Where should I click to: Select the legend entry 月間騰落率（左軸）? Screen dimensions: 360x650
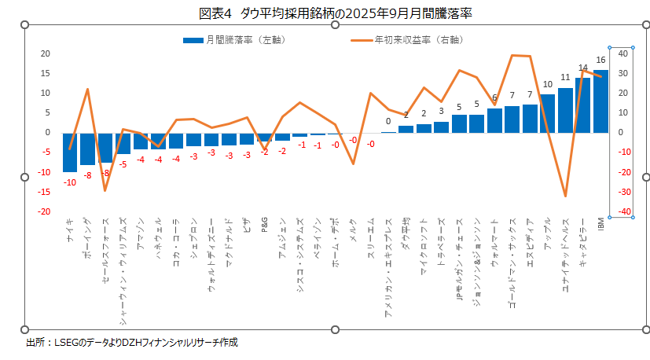tap(231, 39)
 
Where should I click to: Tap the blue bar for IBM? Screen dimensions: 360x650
tap(601, 101)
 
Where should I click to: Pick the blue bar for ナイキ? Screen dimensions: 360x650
tap(70, 152)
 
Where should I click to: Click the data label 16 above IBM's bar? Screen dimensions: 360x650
tap(601, 61)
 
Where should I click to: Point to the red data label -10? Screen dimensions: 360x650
tap(70, 182)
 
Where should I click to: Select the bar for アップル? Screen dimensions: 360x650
tap(548, 113)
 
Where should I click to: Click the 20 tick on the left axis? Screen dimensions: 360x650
tap(46, 53)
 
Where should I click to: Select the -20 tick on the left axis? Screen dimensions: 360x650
tap(45, 211)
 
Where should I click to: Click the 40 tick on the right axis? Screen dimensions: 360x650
tap(622, 53)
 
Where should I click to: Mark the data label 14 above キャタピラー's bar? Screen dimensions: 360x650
tap(583, 68)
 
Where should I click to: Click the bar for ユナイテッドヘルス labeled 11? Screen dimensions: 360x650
tap(565, 110)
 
